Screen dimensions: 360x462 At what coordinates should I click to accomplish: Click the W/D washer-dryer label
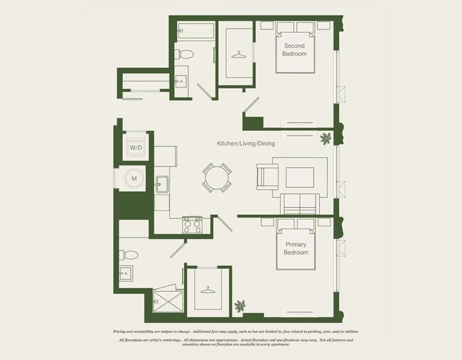click(x=134, y=147)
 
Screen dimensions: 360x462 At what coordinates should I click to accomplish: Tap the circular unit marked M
click(x=133, y=179)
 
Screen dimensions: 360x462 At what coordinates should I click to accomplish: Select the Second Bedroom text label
click(x=294, y=50)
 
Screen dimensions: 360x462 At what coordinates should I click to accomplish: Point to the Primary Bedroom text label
click(x=296, y=248)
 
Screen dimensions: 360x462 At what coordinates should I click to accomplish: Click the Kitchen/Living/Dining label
click(x=246, y=144)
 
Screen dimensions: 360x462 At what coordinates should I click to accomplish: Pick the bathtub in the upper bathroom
click(x=194, y=31)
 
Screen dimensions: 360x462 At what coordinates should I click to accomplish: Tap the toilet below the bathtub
click(x=184, y=54)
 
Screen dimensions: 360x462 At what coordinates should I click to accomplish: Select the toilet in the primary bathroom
click(x=130, y=254)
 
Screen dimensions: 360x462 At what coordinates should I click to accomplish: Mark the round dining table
click(x=217, y=177)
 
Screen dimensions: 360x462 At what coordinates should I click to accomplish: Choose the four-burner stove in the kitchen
click(x=193, y=225)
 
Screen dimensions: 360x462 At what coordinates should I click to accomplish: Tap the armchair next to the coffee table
click(x=267, y=176)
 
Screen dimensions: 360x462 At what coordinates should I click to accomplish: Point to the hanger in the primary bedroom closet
click(x=207, y=290)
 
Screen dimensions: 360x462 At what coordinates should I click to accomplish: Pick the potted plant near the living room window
click(x=326, y=137)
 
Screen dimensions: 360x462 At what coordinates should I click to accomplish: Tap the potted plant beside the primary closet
click(x=240, y=306)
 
